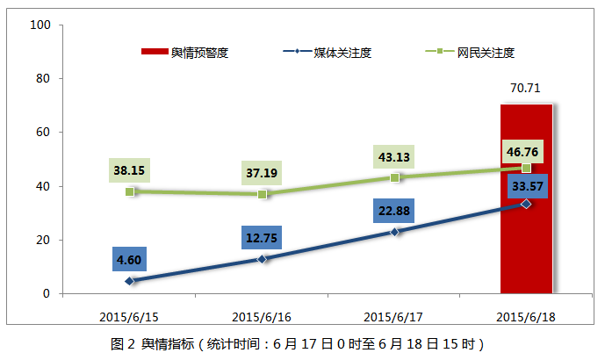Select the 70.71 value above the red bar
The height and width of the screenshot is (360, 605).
[526, 88]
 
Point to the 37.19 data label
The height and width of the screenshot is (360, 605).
[262, 171]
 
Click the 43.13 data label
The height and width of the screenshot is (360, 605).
[394, 157]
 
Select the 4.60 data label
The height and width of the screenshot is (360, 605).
[130, 260]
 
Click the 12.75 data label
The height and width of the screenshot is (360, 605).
[262, 238]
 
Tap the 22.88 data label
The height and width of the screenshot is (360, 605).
[394, 211]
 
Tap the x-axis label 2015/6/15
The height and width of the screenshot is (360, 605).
[130, 315]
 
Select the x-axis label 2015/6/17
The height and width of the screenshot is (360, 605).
[394, 315]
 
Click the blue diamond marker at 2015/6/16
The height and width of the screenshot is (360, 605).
[262, 259]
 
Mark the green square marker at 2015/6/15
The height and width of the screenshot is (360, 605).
[130, 191]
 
